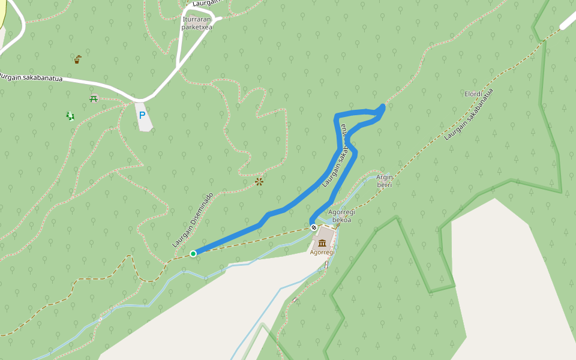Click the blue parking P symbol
pyautogui.click(x=142, y=115)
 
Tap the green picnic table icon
pyautogui.click(x=94, y=98)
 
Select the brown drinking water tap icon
pyautogui.click(x=77, y=59)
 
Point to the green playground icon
pyautogui.click(x=70, y=115)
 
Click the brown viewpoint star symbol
pyautogui.click(x=259, y=181)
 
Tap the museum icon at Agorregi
pyautogui.click(x=323, y=242)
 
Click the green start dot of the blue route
pyautogui.click(x=193, y=254)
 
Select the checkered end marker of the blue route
pyautogui.click(x=313, y=227)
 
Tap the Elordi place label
pyautogui.click(x=473, y=94)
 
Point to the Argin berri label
pyautogui.click(x=384, y=181)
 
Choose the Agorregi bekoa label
pyautogui.click(x=342, y=216)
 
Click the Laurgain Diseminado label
pyautogui.click(x=193, y=220)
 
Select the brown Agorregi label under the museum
pyautogui.click(x=322, y=252)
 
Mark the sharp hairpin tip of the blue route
pyautogui.click(x=382, y=107)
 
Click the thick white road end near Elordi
pyautogui.click(x=568, y=22)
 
